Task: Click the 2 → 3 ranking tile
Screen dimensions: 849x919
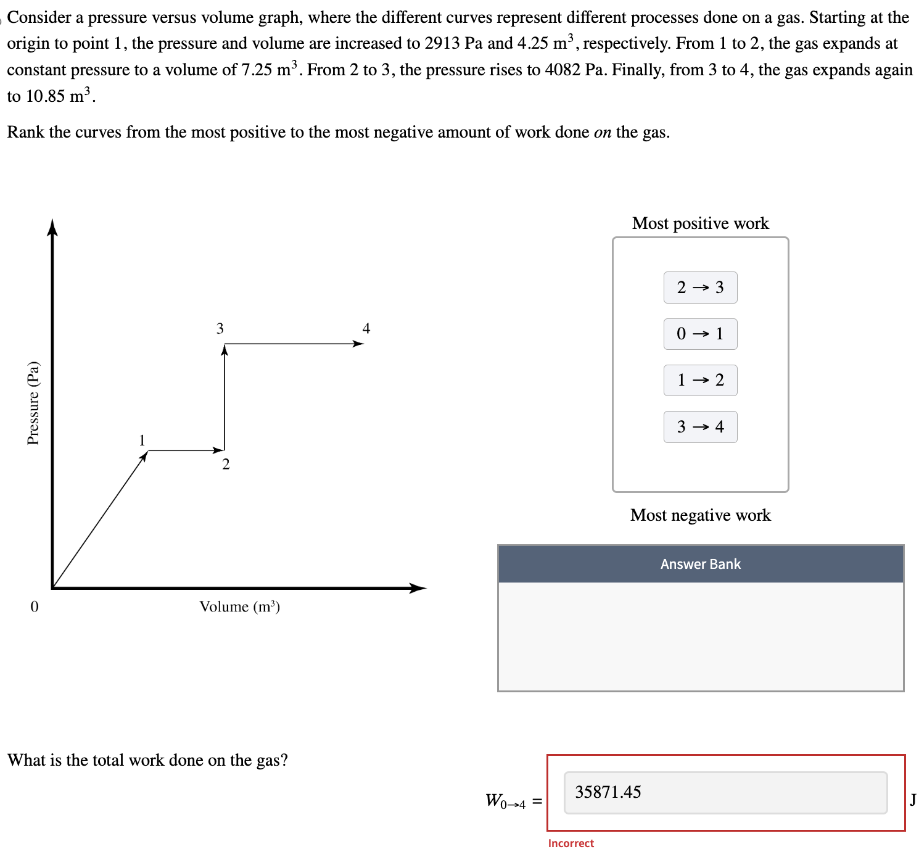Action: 700,288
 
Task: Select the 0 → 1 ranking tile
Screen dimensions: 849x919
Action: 700,334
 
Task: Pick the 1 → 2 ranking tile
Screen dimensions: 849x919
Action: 700,380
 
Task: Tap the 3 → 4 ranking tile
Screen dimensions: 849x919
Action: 700,427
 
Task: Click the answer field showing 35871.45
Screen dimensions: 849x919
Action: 725,792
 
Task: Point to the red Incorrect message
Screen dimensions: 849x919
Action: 571,843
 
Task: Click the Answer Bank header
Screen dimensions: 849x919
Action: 700,564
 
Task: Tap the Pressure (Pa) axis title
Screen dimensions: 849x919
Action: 33,403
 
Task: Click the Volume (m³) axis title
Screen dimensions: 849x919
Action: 239,607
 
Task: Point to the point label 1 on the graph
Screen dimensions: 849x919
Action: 142,440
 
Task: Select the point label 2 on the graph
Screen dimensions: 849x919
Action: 226,465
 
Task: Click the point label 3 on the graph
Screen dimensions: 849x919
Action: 220,328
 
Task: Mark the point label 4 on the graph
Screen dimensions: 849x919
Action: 366,328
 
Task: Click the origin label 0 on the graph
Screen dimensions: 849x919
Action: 35,607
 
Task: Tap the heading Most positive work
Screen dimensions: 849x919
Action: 700,223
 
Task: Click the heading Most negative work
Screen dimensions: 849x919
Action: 700,515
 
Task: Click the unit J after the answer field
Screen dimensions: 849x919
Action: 912,800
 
